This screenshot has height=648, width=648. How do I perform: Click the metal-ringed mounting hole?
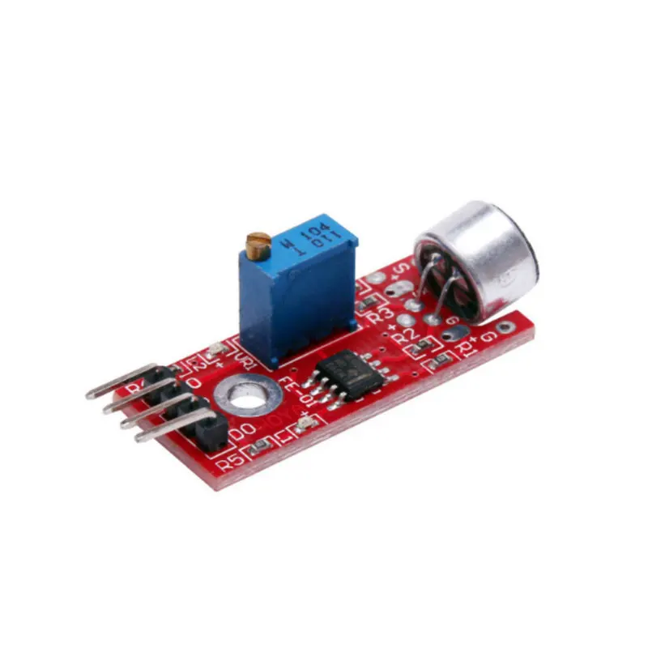click(248, 396)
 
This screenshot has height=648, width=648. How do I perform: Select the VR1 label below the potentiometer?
click(244, 357)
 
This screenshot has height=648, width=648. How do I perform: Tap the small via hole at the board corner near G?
click(506, 328)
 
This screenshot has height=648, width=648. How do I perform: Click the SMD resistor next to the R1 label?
click(441, 357)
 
